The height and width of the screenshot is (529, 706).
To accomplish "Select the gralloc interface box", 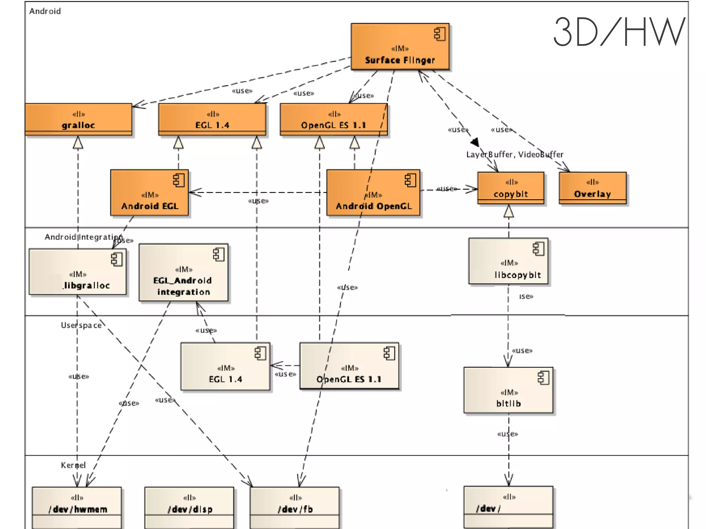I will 78,119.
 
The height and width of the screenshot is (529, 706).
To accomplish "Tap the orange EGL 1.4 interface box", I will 212,119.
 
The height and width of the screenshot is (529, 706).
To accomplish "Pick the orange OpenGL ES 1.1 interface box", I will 333,119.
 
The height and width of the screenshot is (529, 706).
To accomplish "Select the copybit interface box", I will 511,188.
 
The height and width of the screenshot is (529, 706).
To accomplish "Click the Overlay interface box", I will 592,188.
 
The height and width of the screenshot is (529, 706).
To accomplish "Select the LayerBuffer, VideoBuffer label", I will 514,154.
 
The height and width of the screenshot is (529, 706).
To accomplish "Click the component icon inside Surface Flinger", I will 440,34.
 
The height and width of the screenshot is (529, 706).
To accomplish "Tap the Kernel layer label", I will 73,465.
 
